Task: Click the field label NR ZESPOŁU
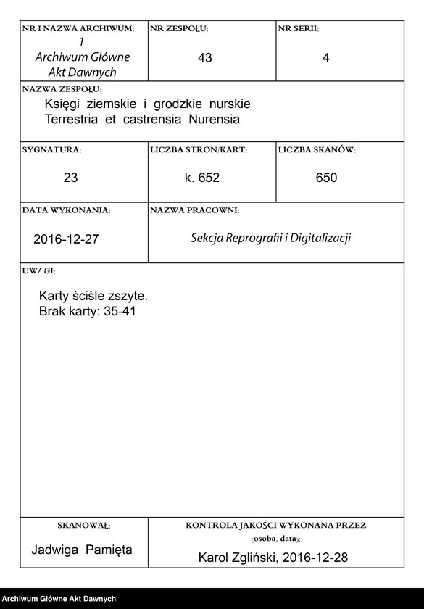(x=178, y=28)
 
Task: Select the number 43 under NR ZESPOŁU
(x=204, y=58)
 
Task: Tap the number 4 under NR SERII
(x=326, y=58)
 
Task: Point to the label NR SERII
(x=298, y=28)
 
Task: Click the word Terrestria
(x=72, y=118)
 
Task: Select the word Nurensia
(x=215, y=118)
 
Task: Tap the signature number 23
(x=70, y=178)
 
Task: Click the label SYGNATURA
(x=51, y=150)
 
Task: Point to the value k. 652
(x=202, y=178)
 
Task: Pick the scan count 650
(x=326, y=178)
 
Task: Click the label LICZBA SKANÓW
(x=316, y=150)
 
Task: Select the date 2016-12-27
(x=66, y=239)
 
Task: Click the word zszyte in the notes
(x=128, y=297)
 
